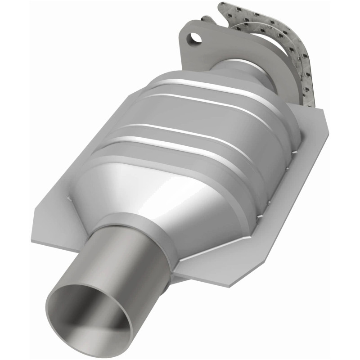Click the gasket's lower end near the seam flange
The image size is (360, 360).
click(x=310, y=97)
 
